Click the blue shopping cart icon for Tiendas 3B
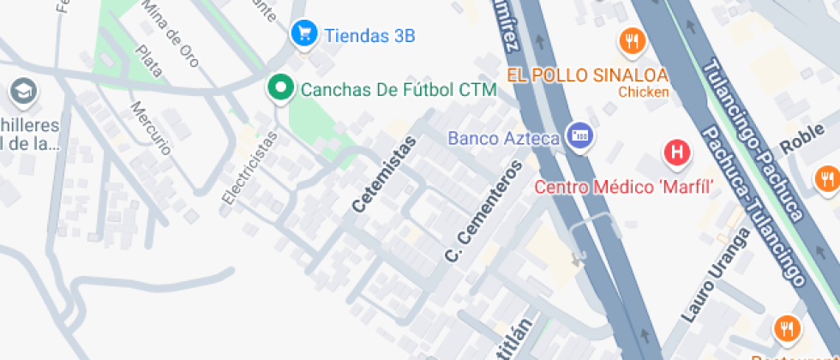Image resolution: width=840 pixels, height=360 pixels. tap(303, 34)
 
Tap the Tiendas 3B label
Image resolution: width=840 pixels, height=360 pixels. tap(369, 35)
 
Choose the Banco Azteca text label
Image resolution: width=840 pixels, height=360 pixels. tap(504, 137)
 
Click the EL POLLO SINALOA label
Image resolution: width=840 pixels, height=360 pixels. tap(587, 75)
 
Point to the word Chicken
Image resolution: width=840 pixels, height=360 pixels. tap(643, 92)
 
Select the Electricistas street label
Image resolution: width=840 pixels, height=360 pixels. tap(249, 167)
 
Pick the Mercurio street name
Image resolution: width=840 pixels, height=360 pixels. tap(150, 128)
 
